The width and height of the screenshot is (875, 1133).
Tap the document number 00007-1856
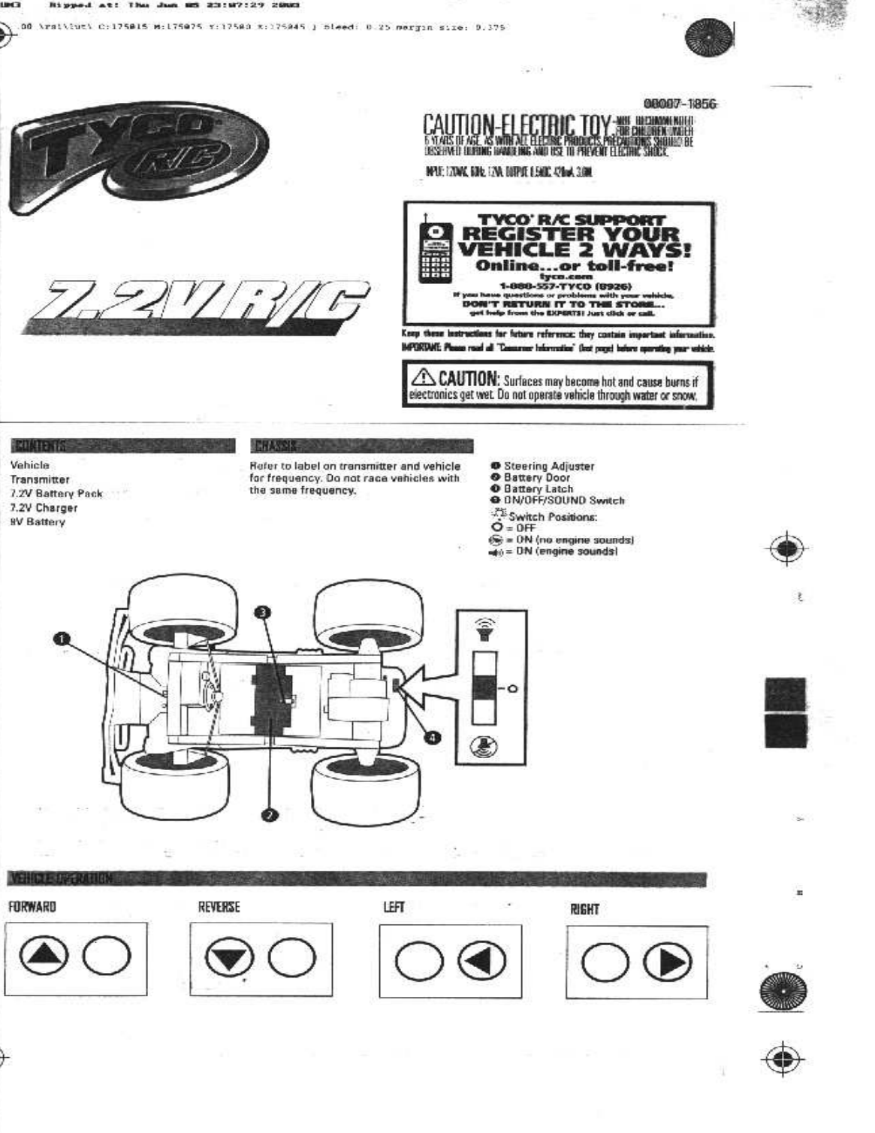pyautogui.click(x=680, y=104)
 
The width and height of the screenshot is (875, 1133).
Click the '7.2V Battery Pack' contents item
pyautogui.click(x=56, y=494)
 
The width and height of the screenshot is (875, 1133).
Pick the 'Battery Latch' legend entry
pyautogui.click(x=538, y=488)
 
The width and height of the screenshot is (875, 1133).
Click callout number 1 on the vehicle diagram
pyautogui.click(x=63, y=639)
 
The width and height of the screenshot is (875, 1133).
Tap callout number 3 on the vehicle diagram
pyautogui.click(x=261, y=612)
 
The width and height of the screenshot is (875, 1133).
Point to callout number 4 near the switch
pyautogui.click(x=433, y=737)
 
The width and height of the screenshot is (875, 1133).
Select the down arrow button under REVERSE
pyautogui.click(x=225, y=959)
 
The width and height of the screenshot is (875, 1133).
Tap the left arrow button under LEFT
pyautogui.click(x=481, y=962)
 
